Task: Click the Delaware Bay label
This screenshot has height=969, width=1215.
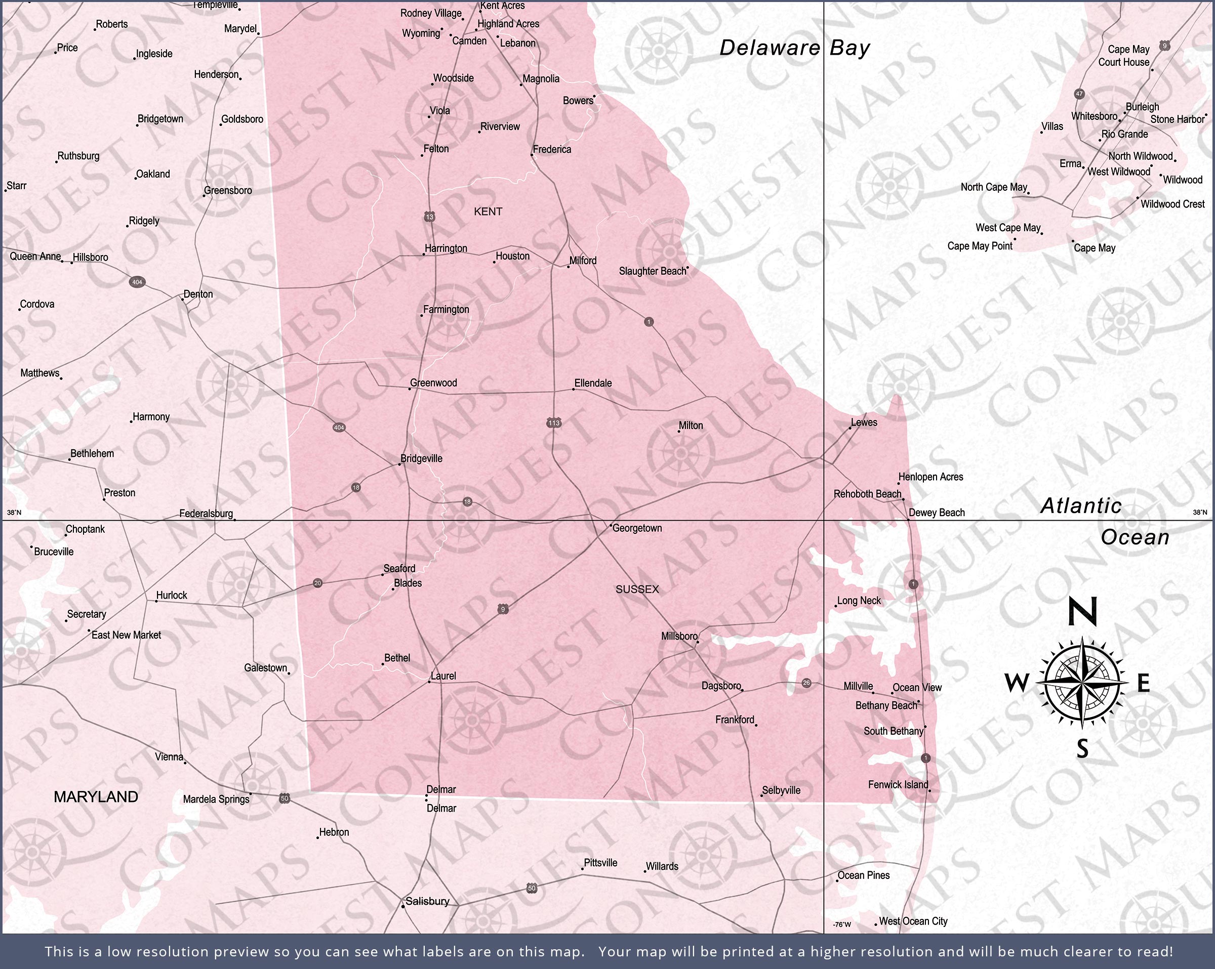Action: click(795, 48)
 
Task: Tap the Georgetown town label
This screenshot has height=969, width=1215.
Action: click(637, 528)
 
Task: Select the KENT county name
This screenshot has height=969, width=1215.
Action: click(488, 212)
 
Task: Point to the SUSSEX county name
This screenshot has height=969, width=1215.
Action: click(637, 589)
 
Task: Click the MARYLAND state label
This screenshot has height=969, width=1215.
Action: click(96, 796)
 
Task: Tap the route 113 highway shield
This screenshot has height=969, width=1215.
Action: click(553, 423)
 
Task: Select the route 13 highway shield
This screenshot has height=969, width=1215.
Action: click(430, 217)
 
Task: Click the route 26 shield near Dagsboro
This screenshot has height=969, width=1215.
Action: click(806, 683)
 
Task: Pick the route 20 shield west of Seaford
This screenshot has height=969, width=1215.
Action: click(318, 583)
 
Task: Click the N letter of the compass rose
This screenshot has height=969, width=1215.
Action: click(1082, 612)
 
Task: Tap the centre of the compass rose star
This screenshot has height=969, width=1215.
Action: click(1082, 682)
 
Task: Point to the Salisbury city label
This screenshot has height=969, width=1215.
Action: click(427, 901)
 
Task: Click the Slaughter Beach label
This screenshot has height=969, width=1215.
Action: click(653, 271)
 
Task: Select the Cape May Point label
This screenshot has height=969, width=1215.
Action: click(980, 246)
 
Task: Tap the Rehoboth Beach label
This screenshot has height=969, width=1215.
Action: click(867, 494)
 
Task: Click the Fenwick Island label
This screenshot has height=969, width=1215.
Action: click(898, 785)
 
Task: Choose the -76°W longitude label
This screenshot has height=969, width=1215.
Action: click(842, 924)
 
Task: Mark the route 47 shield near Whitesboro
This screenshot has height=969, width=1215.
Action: click(1079, 94)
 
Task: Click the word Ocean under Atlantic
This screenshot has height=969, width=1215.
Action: click(1135, 537)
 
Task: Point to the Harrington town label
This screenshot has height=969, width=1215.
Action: click(446, 248)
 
